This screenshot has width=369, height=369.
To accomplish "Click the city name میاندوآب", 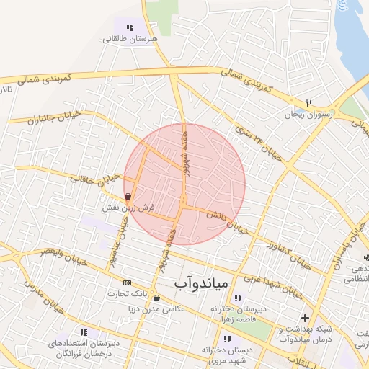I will (200, 283).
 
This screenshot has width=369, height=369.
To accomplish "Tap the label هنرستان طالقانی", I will (130, 40).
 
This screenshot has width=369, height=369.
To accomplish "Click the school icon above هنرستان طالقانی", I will (130, 27).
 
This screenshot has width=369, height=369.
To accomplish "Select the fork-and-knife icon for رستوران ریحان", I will (308, 103).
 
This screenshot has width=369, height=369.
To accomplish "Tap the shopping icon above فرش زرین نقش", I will (128, 196).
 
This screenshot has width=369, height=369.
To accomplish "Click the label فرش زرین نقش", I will (128, 208).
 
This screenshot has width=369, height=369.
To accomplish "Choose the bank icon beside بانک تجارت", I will (128, 283).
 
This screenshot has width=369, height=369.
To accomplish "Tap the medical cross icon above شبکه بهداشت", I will (305, 318).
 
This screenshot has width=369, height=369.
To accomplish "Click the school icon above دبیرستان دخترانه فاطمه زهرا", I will (239, 298).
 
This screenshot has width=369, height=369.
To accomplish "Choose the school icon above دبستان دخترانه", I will (227, 339).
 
